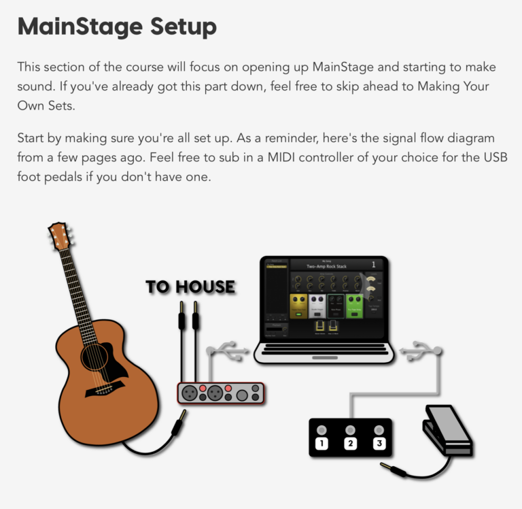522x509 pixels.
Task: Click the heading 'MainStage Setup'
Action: pyautogui.click(x=116, y=27)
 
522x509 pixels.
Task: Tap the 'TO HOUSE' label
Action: pyautogui.click(x=190, y=287)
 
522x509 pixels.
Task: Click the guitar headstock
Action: pyautogui.click(x=59, y=235)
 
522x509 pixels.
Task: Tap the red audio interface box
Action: pyautogui.click(x=221, y=393)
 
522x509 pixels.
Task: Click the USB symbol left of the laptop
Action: pyautogui.click(x=228, y=351)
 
